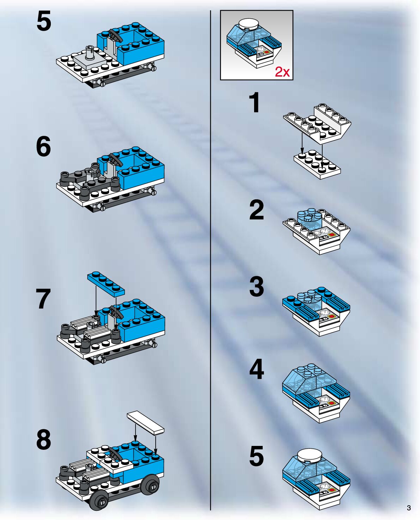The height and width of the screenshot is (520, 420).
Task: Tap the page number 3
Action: (409, 508)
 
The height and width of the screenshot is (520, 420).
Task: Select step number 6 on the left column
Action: (43, 146)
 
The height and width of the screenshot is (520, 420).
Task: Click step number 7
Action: (43, 298)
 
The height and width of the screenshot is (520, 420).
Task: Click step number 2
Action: (256, 210)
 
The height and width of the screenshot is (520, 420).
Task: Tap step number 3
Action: (256, 286)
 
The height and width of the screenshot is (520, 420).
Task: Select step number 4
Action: (256, 369)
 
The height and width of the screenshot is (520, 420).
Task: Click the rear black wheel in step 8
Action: (151, 479)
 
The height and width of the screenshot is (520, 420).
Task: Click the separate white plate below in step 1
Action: (317, 164)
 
